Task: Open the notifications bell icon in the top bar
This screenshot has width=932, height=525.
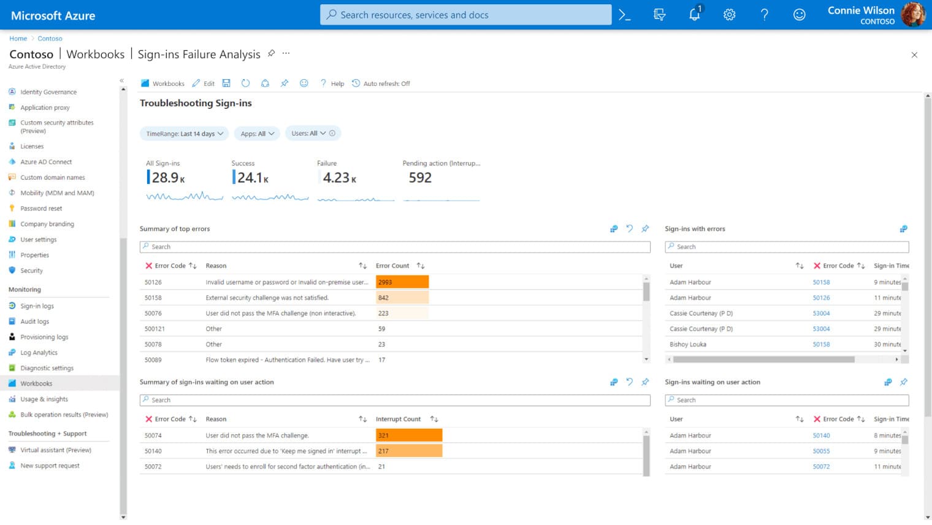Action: (x=694, y=15)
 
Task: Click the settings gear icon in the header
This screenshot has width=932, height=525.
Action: (x=729, y=15)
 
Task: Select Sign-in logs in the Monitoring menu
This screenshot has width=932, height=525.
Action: (x=37, y=306)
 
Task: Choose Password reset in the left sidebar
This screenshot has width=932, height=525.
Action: (x=41, y=209)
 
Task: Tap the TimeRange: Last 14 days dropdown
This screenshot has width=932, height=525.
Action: (x=184, y=134)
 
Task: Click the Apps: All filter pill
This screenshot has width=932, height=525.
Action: (x=257, y=134)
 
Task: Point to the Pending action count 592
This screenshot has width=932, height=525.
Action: (x=420, y=178)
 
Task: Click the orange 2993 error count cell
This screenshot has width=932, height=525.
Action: (x=402, y=282)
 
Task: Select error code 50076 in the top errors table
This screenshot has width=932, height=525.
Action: (x=153, y=313)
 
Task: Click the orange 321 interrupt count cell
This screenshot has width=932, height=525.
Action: (x=408, y=435)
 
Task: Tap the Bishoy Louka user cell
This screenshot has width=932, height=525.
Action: (x=687, y=345)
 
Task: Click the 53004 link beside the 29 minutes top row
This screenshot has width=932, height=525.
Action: (x=821, y=313)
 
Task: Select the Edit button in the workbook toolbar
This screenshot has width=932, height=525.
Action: (x=204, y=83)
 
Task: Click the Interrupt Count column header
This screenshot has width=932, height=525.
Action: (x=398, y=420)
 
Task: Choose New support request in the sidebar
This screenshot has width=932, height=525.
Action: (x=50, y=466)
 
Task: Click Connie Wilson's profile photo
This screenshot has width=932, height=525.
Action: (x=912, y=15)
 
